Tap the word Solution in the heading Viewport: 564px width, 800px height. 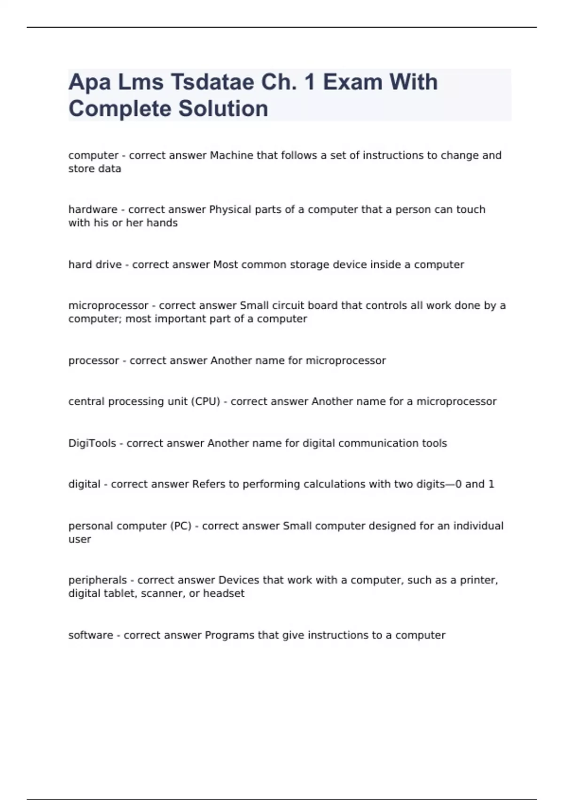tap(223, 109)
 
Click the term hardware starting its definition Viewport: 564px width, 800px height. tap(93, 209)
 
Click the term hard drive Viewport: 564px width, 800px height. tap(95, 264)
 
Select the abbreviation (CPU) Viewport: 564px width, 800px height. tap(205, 401)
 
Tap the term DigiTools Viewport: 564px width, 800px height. tap(92, 443)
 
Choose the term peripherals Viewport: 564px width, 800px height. tap(97, 580)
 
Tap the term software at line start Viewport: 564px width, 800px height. tap(91, 635)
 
